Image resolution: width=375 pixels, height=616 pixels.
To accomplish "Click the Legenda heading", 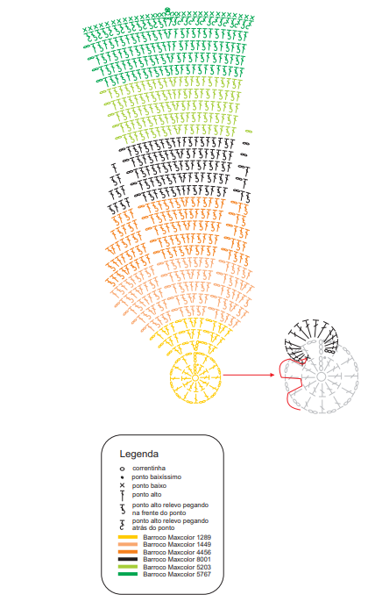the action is click(x=138, y=455).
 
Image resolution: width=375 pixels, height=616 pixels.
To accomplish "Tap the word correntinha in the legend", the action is click(x=149, y=469).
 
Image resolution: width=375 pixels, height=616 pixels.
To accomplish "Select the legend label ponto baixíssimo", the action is click(x=157, y=477).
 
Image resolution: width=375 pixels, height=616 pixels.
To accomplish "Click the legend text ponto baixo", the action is click(x=149, y=486).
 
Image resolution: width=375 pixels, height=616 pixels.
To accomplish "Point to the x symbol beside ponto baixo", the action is click(x=122, y=485).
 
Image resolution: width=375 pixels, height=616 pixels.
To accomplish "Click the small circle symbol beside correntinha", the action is click(x=122, y=469).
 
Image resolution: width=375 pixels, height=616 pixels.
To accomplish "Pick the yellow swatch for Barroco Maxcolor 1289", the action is click(x=128, y=537).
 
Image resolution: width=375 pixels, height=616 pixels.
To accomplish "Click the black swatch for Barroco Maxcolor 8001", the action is click(x=128, y=559).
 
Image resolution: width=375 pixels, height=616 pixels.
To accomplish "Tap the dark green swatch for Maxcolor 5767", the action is click(x=128, y=574).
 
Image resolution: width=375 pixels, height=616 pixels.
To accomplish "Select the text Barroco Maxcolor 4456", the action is click(x=177, y=552).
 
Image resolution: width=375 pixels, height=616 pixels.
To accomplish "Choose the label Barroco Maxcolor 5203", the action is click(x=177, y=567).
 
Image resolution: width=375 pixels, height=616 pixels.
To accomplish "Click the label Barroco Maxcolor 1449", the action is click(x=177, y=545).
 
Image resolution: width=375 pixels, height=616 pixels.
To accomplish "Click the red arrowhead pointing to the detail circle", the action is click(x=272, y=375).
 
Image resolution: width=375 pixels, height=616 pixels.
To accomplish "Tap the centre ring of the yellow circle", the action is click(x=195, y=377).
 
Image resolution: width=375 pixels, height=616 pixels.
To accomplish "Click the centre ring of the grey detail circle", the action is click(x=322, y=376).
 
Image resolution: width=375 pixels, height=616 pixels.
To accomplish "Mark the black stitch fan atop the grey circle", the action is click(x=313, y=337).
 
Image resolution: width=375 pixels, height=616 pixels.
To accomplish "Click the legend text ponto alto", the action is click(x=146, y=495).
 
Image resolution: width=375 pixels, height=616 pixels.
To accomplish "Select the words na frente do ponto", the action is click(x=159, y=512).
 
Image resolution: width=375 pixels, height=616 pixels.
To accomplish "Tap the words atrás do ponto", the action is click(x=153, y=528).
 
